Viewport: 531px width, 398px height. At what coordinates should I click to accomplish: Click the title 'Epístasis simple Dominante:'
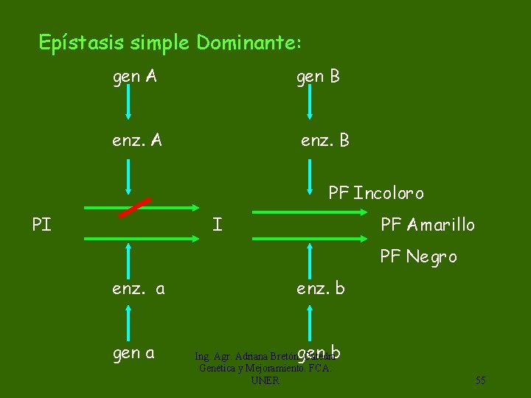pyautogui.click(x=170, y=43)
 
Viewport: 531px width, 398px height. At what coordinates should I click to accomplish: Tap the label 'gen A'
pyautogui.click(x=134, y=76)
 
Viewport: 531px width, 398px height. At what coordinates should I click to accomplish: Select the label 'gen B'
pyautogui.click(x=318, y=76)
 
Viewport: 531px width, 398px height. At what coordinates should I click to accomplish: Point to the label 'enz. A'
pyautogui.click(x=137, y=140)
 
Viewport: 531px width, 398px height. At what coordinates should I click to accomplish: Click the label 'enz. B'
pyautogui.click(x=324, y=140)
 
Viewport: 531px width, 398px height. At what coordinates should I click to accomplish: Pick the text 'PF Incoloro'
pyautogui.click(x=376, y=193)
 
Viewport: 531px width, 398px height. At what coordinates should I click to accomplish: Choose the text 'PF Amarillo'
pyautogui.click(x=427, y=224)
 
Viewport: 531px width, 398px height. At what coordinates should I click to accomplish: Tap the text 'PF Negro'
pyautogui.click(x=418, y=256)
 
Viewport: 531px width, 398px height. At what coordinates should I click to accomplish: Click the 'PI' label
pyautogui.click(x=42, y=224)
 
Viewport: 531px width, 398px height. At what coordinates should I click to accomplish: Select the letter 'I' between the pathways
pyautogui.click(x=217, y=223)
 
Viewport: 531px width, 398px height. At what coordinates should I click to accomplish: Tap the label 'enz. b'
pyautogui.click(x=320, y=288)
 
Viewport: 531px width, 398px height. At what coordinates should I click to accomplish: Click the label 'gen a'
pyautogui.click(x=133, y=353)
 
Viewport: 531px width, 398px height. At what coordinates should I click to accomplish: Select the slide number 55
pyautogui.click(x=480, y=380)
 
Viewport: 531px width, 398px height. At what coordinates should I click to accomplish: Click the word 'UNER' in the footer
pyautogui.click(x=265, y=380)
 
